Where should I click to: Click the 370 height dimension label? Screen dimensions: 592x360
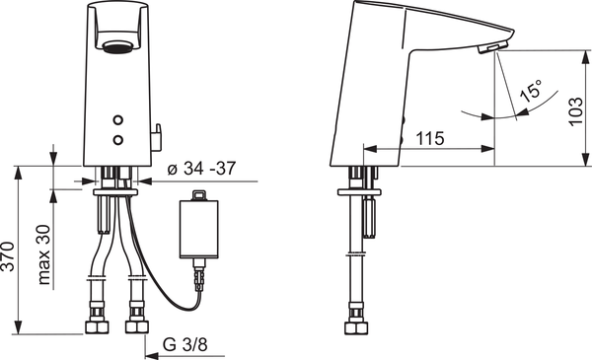pyautogui.click(x=8, y=256)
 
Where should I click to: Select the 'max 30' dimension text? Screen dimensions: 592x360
pyautogui.click(x=43, y=254)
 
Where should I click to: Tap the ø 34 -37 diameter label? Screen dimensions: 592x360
pyautogui.click(x=201, y=169)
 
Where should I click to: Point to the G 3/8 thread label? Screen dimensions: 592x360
pyautogui.click(x=185, y=344)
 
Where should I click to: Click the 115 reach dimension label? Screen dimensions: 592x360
pyautogui.click(x=430, y=138)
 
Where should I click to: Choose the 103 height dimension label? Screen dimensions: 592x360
pyautogui.click(x=575, y=111)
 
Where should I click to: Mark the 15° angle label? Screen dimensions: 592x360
pyautogui.click(x=530, y=91)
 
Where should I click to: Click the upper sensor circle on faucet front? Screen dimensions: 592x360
pyautogui.click(x=118, y=120)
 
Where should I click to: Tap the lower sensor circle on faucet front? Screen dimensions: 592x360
pyautogui.click(x=118, y=140)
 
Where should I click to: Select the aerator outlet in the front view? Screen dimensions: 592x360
pyautogui.click(x=118, y=47)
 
